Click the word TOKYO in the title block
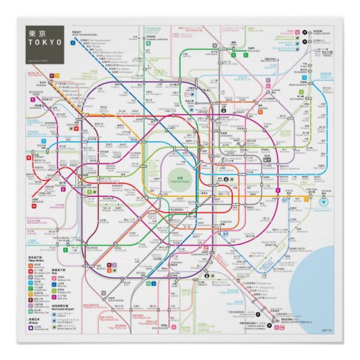pyautogui.click(x=44, y=42)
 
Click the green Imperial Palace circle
pyautogui.click(x=180, y=179)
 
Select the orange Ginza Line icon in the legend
pyautogui.click(x=30, y=264)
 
